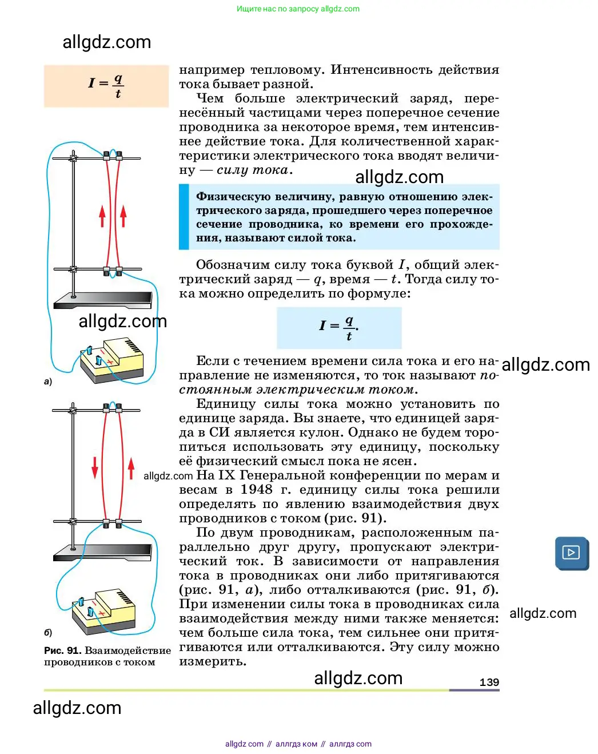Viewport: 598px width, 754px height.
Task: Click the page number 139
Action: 489,682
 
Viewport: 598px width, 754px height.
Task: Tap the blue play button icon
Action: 571,553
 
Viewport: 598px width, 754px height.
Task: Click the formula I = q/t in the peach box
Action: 106,86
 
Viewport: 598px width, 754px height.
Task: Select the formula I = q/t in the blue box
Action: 338,328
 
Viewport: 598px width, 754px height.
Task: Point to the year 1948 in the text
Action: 257,490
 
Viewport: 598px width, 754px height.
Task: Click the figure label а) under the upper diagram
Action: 48,381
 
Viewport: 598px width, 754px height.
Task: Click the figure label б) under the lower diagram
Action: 48,632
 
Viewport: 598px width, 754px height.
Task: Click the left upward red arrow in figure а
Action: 102,216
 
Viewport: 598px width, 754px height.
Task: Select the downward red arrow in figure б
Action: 95,467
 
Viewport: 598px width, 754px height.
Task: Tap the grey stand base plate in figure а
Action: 103,300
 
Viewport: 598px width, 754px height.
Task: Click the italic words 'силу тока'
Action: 252,170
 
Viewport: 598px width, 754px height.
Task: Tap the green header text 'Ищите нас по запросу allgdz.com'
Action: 298,9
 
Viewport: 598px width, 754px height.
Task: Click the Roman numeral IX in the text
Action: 227,475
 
